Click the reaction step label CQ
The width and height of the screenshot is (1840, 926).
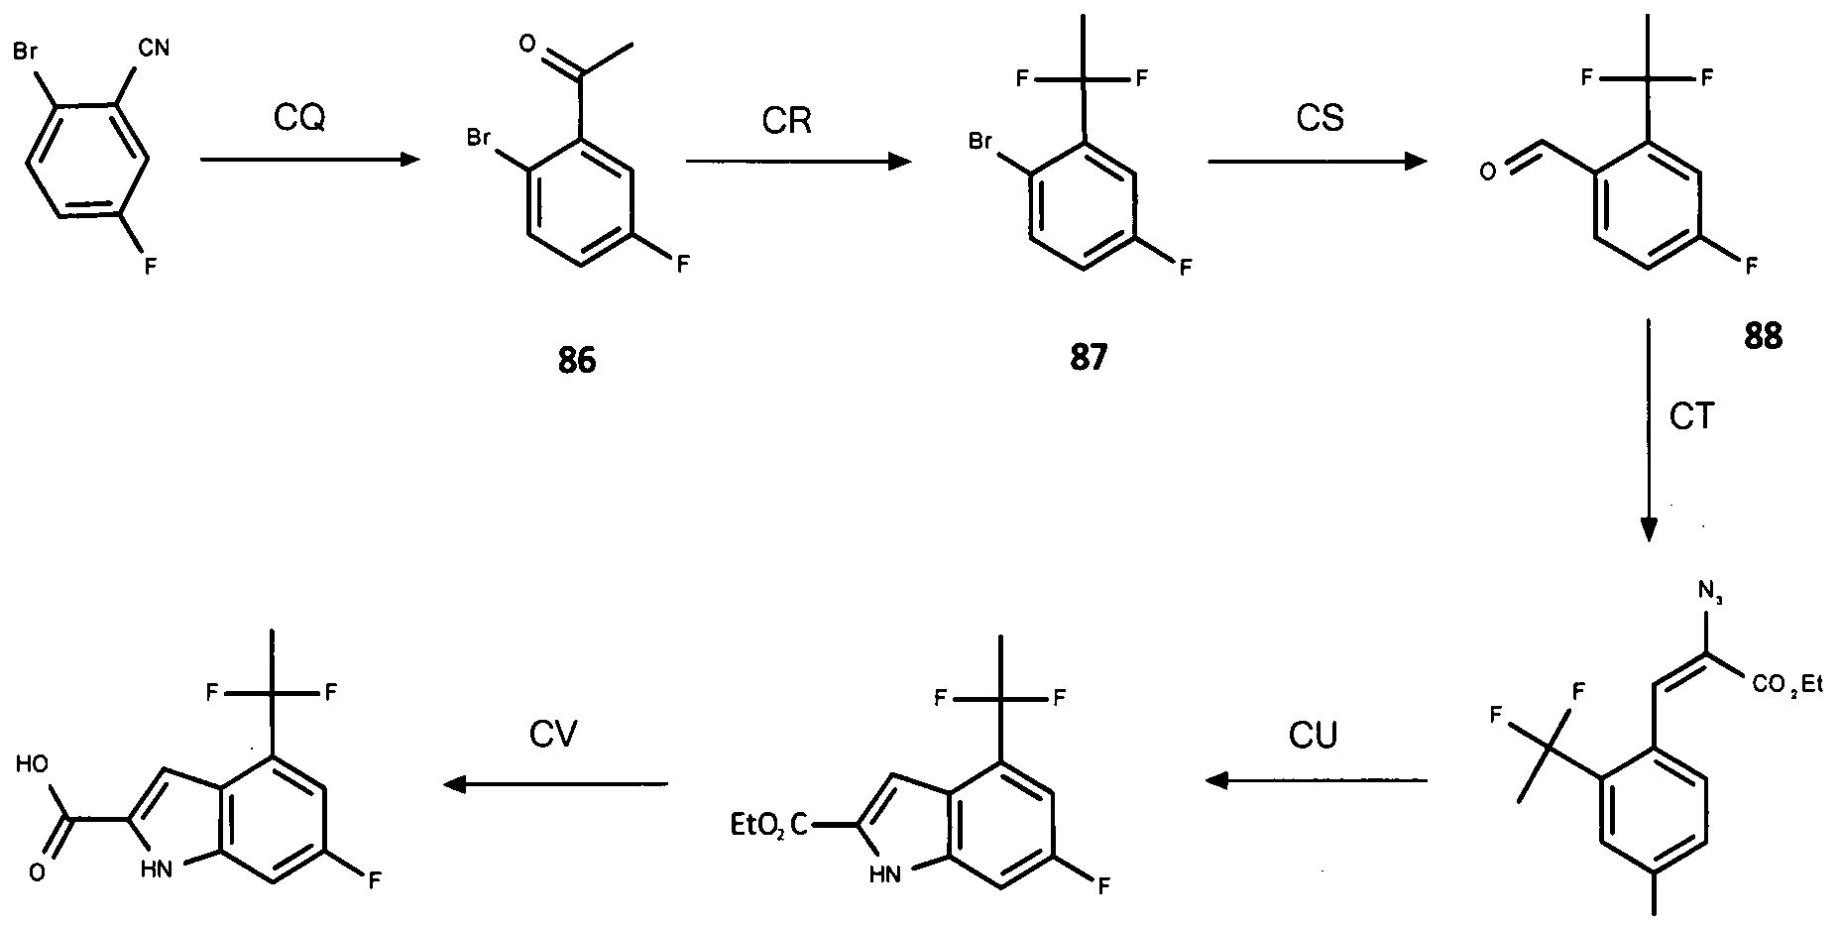point(299,119)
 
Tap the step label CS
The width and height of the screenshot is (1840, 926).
point(1320,117)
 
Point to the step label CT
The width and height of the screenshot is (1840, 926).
point(1692,416)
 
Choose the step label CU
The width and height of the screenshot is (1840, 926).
point(1314,736)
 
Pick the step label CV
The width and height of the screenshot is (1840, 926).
point(553,734)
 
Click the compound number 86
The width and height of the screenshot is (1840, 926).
point(577,360)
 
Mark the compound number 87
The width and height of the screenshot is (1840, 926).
point(1088,358)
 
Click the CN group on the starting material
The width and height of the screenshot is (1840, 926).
point(156,47)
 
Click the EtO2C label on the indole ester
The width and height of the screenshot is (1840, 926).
point(768,824)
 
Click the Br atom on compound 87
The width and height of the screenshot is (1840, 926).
point(979,143)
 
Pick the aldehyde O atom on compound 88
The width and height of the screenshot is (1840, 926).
point(1486,173)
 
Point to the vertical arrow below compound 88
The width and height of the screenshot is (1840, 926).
point(1648,431)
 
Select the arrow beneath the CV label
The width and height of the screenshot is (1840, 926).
point(555,784)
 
